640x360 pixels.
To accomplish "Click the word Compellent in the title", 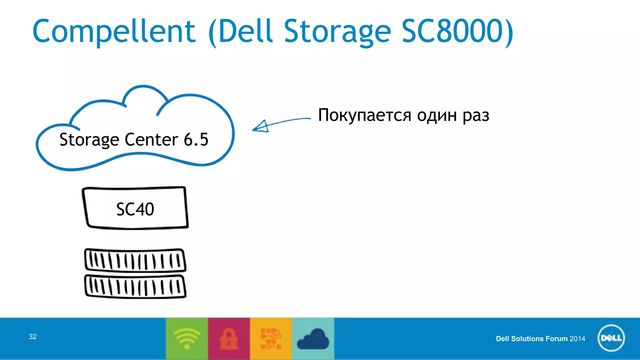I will (x=114, y=31).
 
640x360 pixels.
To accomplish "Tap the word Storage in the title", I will (x=337, y=31).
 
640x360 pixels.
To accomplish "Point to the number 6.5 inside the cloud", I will (x=196, y=139).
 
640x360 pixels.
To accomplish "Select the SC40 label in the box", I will (x=135, y=209).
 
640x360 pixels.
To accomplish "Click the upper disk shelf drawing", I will (x=135, y=260).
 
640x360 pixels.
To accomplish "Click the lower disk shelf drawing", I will (x=135, y=286).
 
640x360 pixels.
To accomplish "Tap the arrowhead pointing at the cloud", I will (x=261, y=127).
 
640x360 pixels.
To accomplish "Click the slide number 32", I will (x=32, y=337).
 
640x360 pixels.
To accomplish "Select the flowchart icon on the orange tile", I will (x=271, y=339).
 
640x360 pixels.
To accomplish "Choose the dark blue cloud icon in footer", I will (x=313, y=339).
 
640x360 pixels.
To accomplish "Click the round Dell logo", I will (x=611, y=338).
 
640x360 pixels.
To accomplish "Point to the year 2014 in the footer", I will (x=577, y=339).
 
